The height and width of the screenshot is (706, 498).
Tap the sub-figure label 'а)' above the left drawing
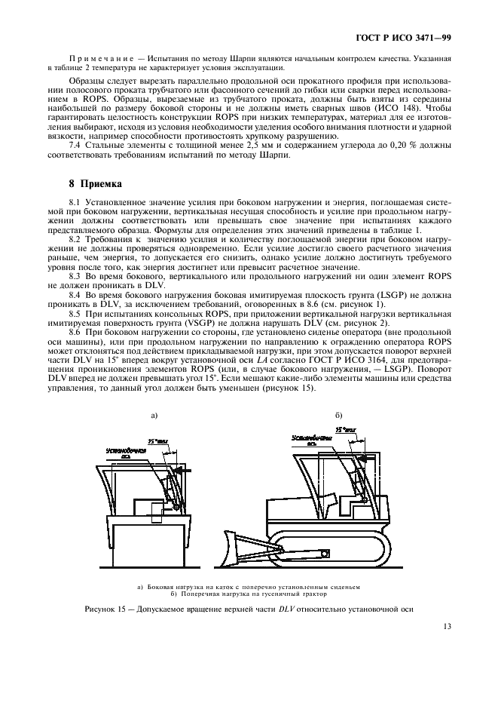154,414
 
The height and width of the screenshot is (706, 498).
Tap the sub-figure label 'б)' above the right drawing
338,414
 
